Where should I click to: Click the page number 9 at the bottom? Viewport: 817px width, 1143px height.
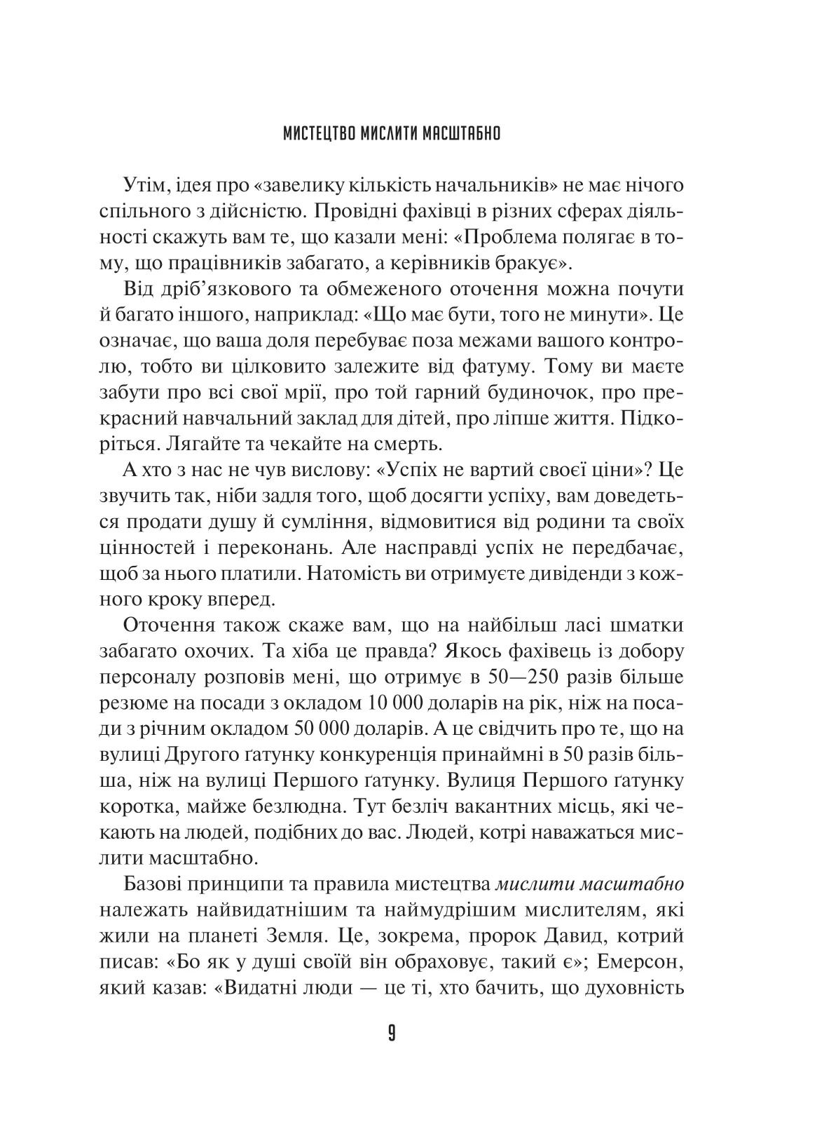point(391,1034)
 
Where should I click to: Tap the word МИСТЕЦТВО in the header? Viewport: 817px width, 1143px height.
point(320,133)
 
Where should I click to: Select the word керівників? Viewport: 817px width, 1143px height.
point(460,263)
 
